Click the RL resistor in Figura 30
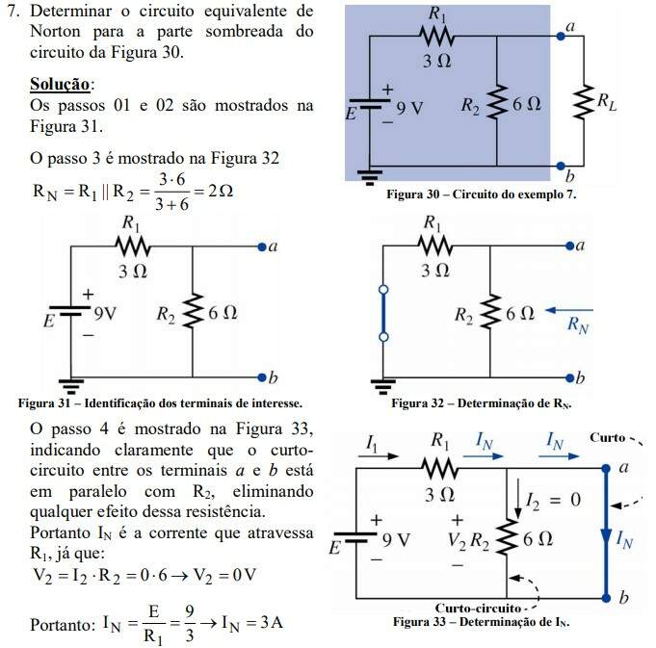click(x=584, y=101)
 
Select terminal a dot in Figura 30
click(x=562, y=37)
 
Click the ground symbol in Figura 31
click(x=69, y=381)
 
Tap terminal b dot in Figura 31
click(x=261, y=375)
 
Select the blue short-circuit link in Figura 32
click(x=383, y=312)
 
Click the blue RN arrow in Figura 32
click(x=567, y=311)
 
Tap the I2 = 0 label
click(x=552, y=501)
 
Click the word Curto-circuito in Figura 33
click(x=480, y=608)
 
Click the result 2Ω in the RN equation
click(x=222, y=191)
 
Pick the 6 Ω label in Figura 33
click(x=538, y=538)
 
